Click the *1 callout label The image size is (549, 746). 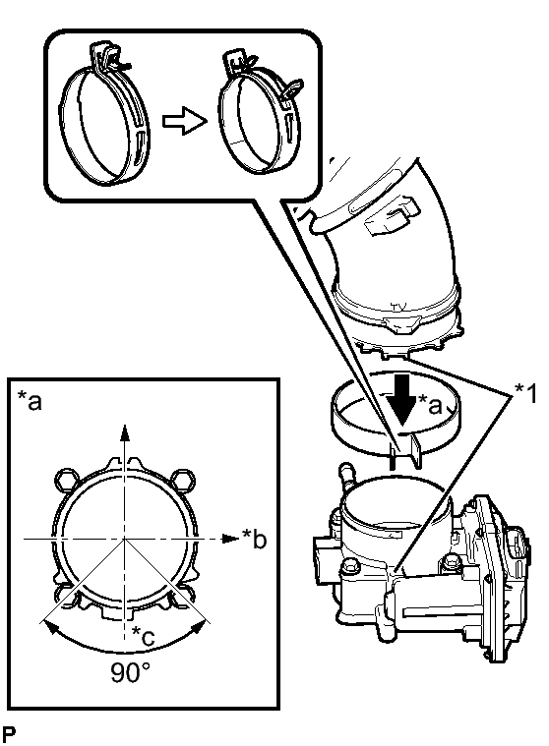pyautogui.click(x=524, y=394)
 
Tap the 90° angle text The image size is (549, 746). pyautogui.click(x=131, y=672)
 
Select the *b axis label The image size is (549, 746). pyautogui.click(x=254, y=538)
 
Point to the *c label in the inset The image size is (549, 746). pyautogui.click(x=144, y=636)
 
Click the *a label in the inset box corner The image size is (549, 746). pyautogui.click(x=30, y=400)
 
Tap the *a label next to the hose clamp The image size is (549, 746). pyautogui.click(x=430, y=405)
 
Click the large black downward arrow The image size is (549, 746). pyautogui.click(x=402, y=399)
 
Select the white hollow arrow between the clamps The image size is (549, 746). pyautogui.click(x=185, y=121)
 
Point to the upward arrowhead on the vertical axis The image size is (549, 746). pyautogui.click(x=124, y=432)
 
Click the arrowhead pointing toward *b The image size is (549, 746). pyautogui.click(x=231, y=539)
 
